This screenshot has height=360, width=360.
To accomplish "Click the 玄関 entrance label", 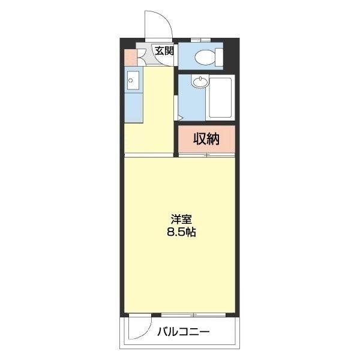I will [164, 50].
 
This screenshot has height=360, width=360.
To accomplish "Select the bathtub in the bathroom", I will [219, 99].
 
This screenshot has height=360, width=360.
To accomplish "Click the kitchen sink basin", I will [133, 79].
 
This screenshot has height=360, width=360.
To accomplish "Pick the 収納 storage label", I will [206, 139].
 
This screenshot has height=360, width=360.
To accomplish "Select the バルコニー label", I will [184, 332].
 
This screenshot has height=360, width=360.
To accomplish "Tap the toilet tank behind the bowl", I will [219, 58].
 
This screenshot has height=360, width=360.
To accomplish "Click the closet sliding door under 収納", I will [205, 155].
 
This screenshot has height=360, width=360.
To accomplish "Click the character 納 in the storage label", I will [212, 139].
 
